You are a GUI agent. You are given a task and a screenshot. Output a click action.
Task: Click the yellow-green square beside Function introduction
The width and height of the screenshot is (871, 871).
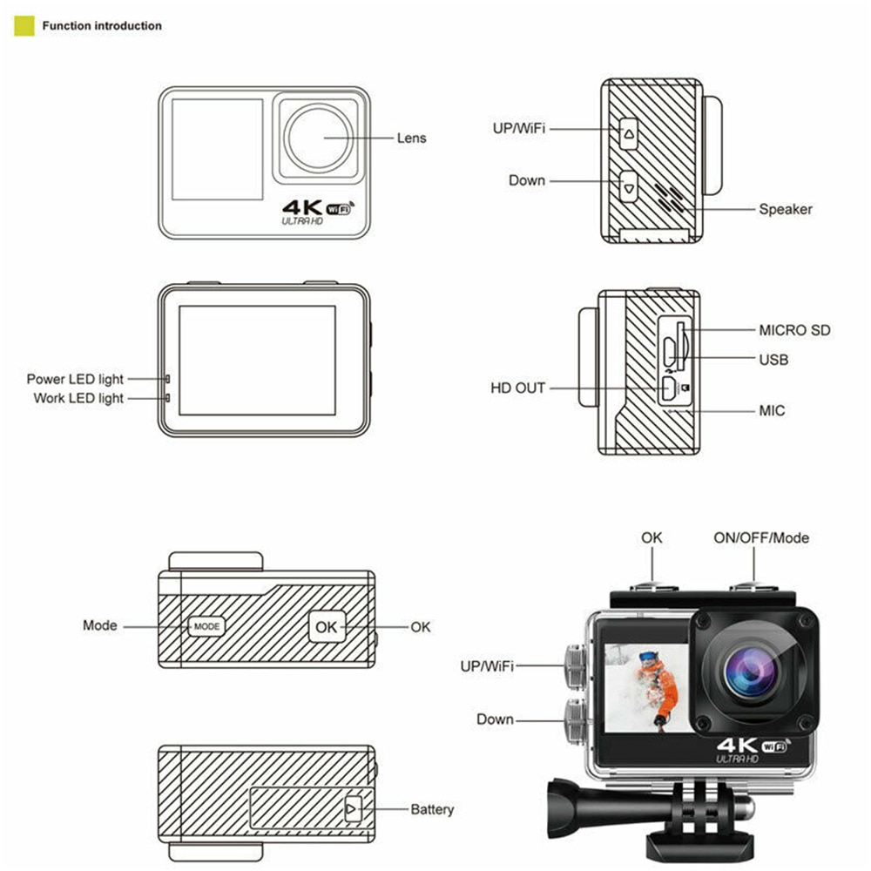[x=24, y=26]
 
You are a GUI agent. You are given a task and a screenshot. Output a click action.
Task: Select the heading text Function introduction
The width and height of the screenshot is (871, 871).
[x=102, y=26]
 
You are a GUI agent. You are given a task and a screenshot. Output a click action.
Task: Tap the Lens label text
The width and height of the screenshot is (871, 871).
[x=411, y=138]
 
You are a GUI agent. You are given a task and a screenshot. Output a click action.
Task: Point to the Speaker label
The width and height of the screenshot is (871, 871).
[x=785, y=209]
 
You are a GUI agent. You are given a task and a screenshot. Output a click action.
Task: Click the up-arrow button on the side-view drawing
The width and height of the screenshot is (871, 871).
[x=629, y=135]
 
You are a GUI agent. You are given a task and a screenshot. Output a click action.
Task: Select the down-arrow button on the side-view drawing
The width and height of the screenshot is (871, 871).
[x=629, y=186]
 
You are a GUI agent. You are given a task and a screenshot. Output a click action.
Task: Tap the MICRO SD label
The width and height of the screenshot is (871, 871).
[x=793, y=330]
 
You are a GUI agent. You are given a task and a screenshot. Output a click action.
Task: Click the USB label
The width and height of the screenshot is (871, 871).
[x=773, y=359]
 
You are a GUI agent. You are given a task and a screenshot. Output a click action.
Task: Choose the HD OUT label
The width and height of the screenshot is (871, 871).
[x=517, y=388]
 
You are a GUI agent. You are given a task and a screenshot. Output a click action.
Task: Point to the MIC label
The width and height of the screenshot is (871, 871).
[x=771, y=409]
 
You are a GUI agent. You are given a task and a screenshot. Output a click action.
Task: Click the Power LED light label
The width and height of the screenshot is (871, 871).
[x=75, y=380]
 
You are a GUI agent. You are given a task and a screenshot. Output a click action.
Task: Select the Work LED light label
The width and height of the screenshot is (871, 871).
[x=78, y=399]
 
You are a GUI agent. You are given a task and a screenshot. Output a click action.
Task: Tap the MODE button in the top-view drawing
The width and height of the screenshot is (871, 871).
[x=206, y=627]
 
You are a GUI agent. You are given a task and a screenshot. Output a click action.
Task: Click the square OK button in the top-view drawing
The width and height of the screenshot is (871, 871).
[x=326, y=626]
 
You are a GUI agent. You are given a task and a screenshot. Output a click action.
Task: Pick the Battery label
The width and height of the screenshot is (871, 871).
[x=432, y=810]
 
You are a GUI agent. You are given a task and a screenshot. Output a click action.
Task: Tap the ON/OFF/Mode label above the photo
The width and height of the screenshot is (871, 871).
[x=760, y=538]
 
